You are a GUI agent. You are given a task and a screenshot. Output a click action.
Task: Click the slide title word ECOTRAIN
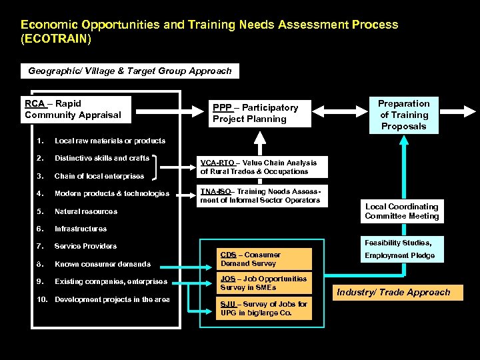[x=56, y=39]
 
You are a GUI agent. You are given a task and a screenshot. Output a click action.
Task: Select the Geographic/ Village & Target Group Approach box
[x=130, y=71]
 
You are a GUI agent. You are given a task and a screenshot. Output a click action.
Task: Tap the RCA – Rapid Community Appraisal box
[x=76, y=109]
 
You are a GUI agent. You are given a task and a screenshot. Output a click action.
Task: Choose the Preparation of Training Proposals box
[x=403, y=115]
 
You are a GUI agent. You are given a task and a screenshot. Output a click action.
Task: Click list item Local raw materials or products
[x=110, y=141]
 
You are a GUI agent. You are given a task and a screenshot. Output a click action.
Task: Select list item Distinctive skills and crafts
[x=102, y=158]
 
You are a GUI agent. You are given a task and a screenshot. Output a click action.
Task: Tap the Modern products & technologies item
[x=112, y=193]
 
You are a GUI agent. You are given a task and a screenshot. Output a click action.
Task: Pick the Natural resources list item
[x=86, y=211]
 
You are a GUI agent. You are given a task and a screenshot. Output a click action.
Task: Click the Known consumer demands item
[x=103, y=264]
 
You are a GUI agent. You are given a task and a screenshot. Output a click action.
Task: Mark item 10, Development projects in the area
[x=112, y=299]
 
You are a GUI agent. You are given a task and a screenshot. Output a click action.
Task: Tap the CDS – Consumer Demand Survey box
[x=264, y=259]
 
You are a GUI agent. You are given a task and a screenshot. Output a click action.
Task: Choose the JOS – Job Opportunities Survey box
[x=264, y=283]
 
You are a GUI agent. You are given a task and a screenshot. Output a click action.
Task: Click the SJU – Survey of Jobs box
[x=264, y=308]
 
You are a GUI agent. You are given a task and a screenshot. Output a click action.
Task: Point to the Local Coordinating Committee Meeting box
[x=401, y=211]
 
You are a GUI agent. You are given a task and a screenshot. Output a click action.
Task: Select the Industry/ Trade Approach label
[x=393, y=292]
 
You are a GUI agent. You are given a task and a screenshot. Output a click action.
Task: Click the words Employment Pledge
[x=399, y=255]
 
